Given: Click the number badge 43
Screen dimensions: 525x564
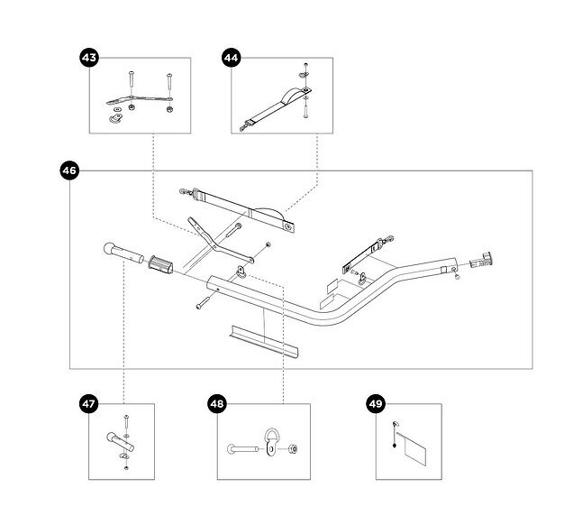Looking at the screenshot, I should pos(89,58).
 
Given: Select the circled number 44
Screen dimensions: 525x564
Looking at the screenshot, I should pos(230,58).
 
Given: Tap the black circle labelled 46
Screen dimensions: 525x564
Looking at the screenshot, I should pos(68,170).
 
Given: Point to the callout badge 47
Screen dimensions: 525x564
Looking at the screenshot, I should pos(89,404).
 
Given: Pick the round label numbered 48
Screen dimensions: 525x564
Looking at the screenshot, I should pos(216,404).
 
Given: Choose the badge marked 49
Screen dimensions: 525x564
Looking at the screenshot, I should pos(376,404).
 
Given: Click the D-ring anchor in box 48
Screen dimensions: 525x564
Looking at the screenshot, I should pos(270,442).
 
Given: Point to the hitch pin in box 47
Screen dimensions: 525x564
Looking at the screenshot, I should pos(121,444).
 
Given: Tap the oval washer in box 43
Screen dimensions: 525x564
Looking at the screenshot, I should pos(114,115).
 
